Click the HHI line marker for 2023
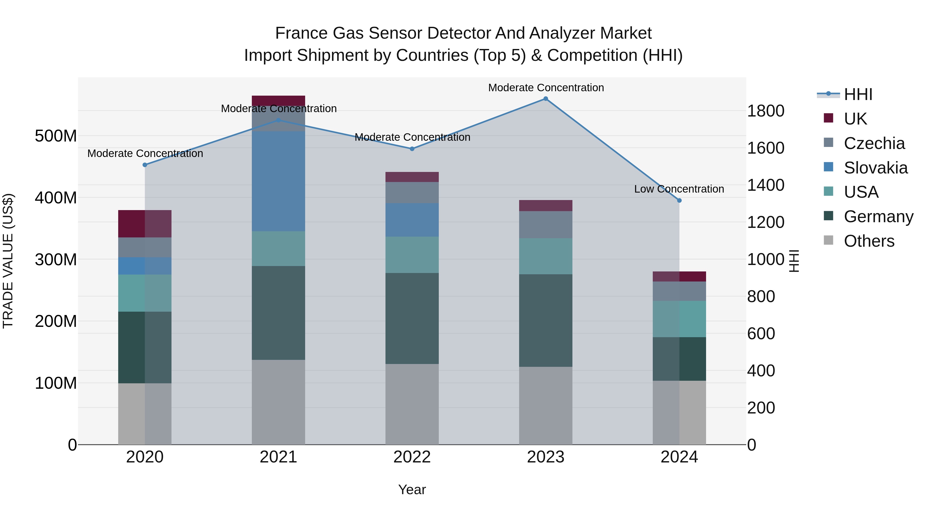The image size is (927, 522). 546,99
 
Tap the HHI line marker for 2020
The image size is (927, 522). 145,165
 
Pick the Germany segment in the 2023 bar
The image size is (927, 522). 546,321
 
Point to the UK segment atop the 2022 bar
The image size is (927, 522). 412,177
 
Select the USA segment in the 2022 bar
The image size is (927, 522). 412,255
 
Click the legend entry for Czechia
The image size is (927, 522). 874,143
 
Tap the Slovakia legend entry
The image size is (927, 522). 875,168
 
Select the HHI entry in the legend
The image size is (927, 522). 858,94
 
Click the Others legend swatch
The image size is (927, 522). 828,240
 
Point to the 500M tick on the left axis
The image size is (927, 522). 56,136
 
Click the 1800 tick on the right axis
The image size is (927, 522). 766,111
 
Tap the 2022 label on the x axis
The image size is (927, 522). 412,457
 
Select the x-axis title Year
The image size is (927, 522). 412,490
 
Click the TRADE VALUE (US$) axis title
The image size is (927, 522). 8,261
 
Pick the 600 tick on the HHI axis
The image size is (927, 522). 761,334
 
